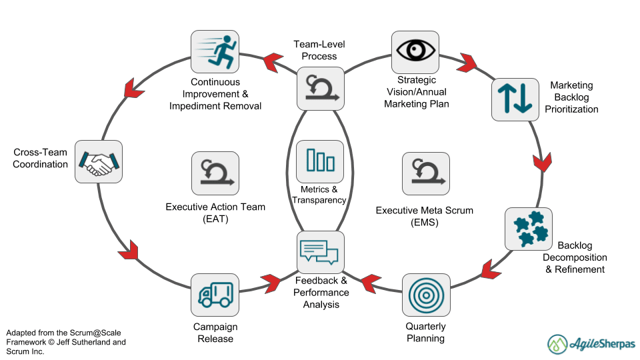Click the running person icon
[x=215, y=54]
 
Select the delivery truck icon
[x=215, y=294]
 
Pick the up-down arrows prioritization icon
[x=515, y=99]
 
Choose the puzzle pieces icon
[x=529, y=228]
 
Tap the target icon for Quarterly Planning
[x=426, y=294]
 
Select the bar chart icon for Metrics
[x=320, y=161]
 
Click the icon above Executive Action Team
[x=215, y=173]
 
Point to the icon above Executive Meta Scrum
[x=426, y=174]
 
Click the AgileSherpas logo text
[x=602, y=344]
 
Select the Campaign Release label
[x=215, y=333]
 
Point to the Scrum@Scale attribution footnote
[x=65, y=342]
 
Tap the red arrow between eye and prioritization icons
[x=466, y=63]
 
